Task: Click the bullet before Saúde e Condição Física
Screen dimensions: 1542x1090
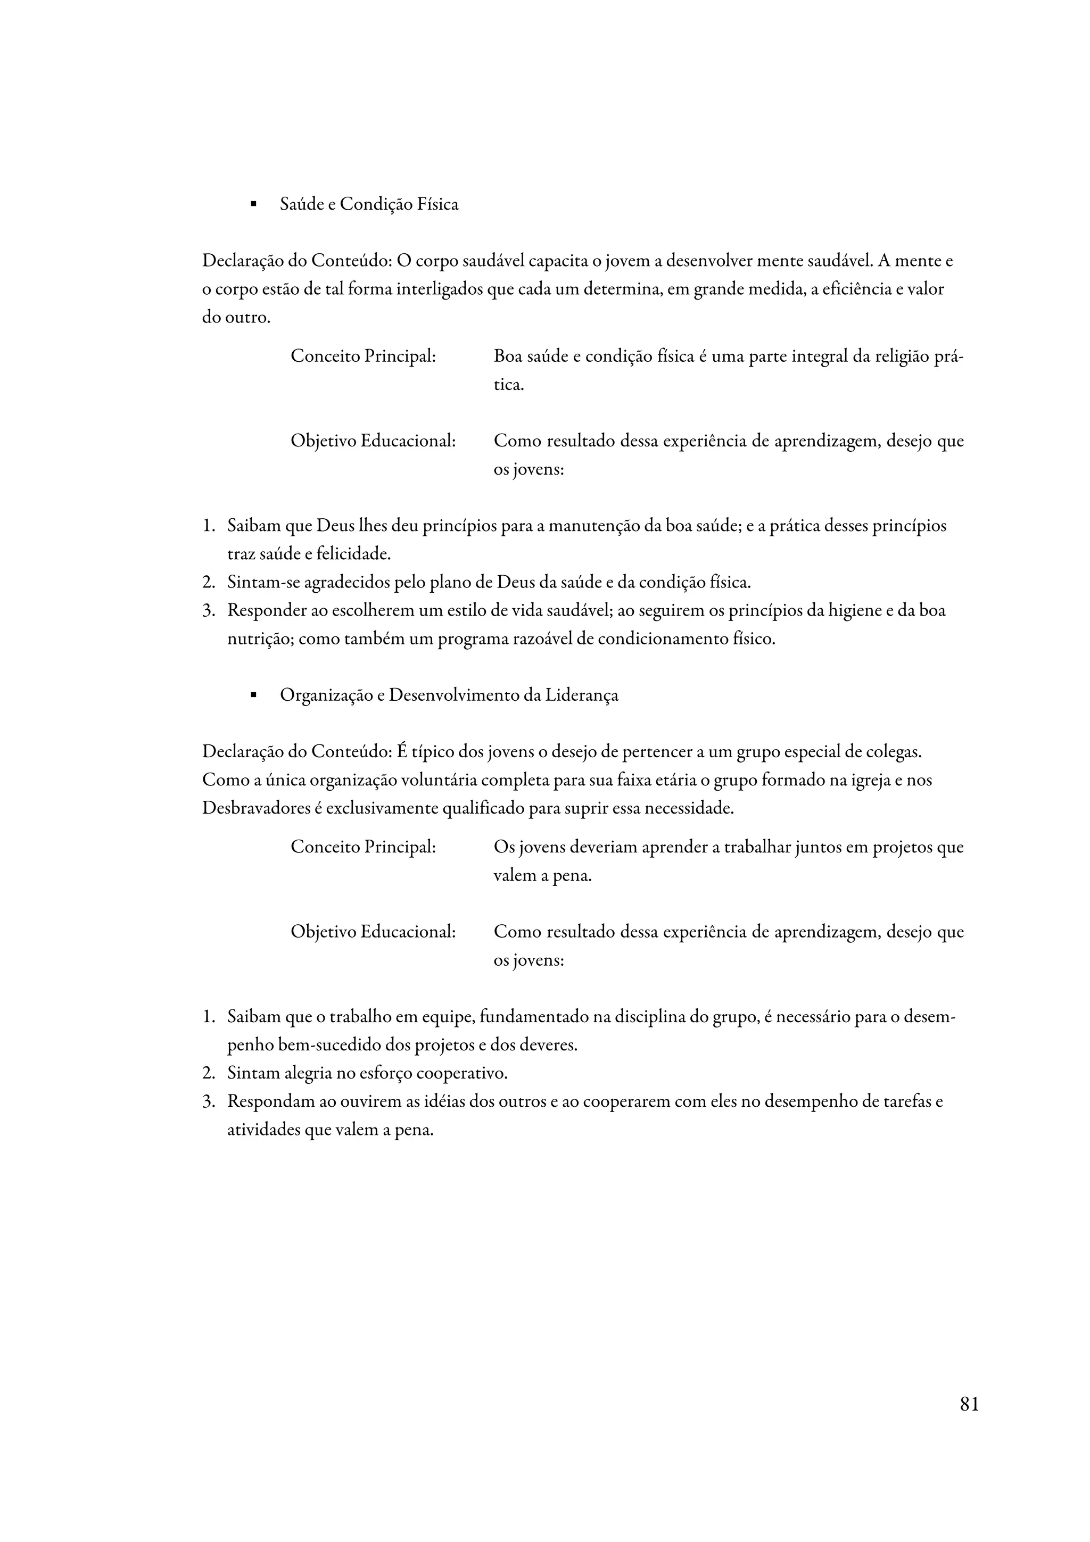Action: click(x=253, y=204)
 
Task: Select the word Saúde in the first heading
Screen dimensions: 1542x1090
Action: click(x=301, y=204)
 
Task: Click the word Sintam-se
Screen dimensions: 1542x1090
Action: click(x=263, y=582)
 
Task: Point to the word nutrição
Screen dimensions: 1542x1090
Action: click(x=259, y=640)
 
